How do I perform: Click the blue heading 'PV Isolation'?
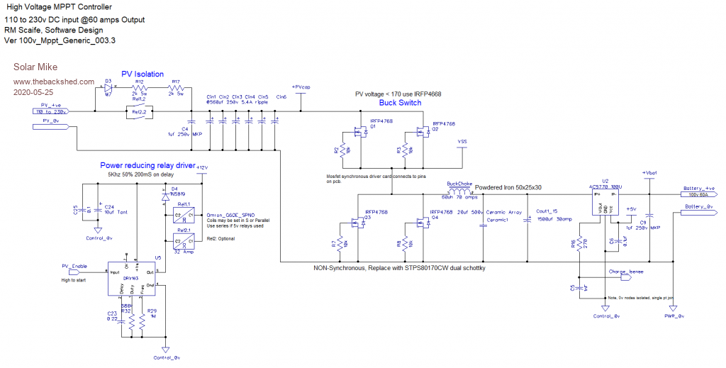click(x=143, y=74)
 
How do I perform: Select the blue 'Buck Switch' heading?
click(x=400, y=103)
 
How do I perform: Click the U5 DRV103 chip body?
click(x=130, y=279)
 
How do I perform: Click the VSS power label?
click(x=463, y=140)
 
